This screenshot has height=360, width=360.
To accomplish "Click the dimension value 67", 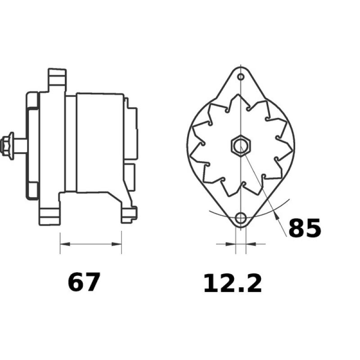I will (84, 283).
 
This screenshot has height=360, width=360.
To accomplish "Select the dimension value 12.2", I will (232, 284).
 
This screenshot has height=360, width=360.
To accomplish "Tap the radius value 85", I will (304, 229).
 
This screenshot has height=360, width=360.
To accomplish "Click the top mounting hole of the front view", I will (241, 77).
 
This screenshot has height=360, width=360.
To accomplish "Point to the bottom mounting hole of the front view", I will (241, 219).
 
